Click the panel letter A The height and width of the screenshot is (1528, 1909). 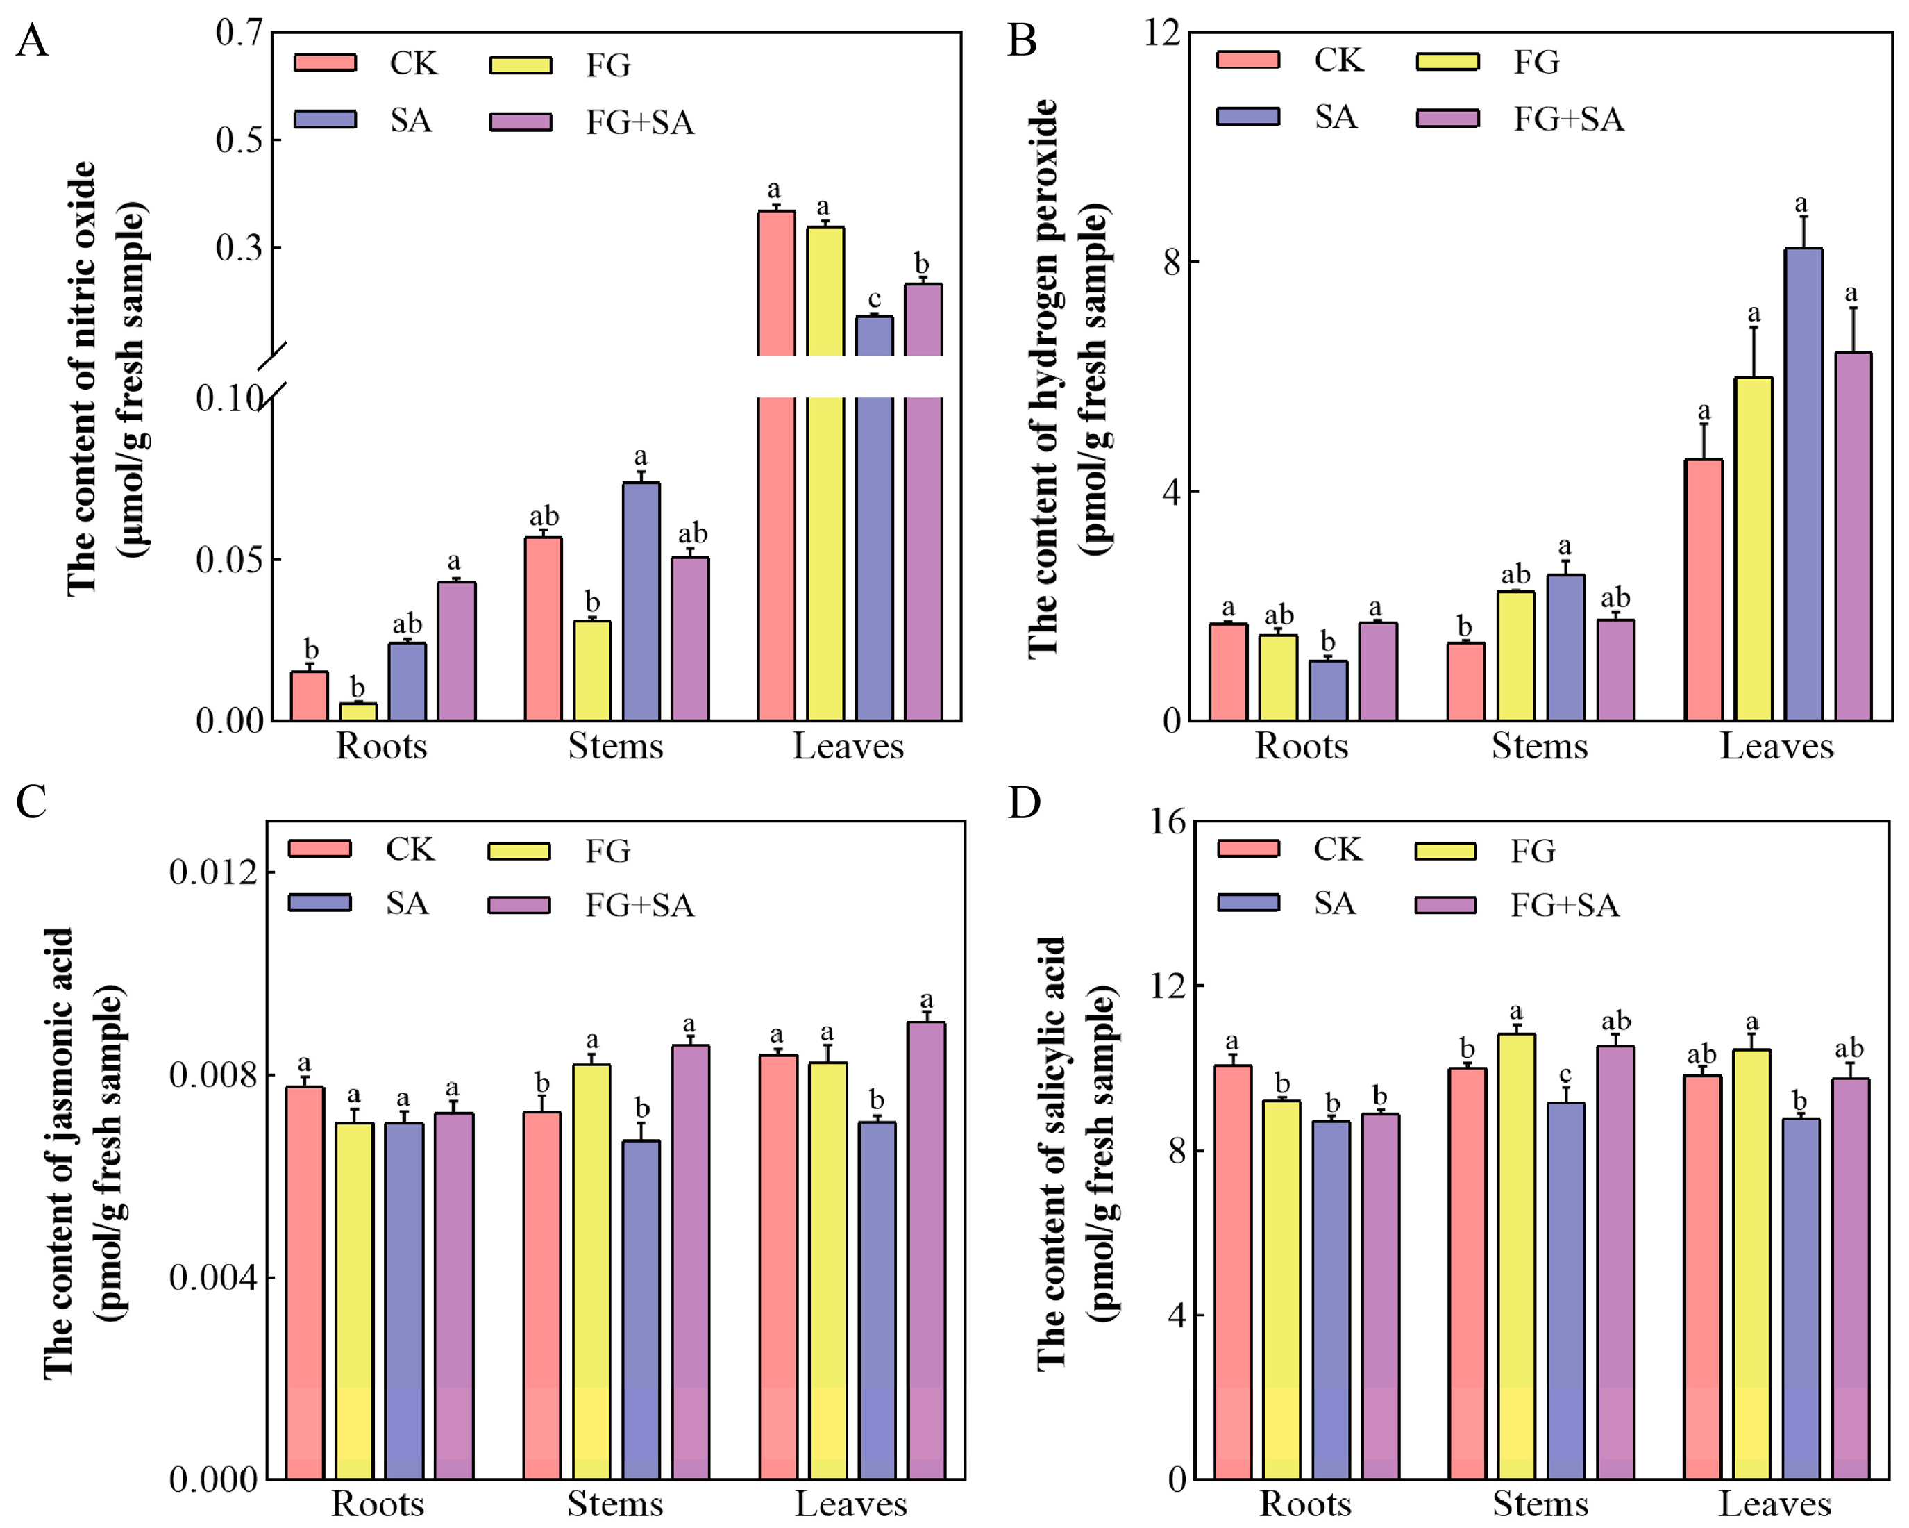pyautogui.click(x=32, y=41)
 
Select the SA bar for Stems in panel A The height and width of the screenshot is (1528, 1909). pyautogui.click(x=641, y=601)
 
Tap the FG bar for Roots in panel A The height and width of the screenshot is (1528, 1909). pyautogui.click(x=358, y=711)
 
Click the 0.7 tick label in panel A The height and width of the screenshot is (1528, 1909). pyautogui.click(x=239, y=33)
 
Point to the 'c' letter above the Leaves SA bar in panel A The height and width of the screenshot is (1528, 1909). pyautogui.click(x=874, y=299)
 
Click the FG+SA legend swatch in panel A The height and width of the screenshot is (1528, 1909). pyautogui.click(x=521, y=122)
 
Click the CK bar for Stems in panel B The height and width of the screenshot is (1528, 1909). pyautogui.click(x=1466, y=681)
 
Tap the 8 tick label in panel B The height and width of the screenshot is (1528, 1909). pyautogui.click(x=1172, y=263)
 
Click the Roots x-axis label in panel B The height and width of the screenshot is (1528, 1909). pyautogui.click(x=1302, y=747)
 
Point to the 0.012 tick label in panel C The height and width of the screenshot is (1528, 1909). pyautogui.click(x=212, y=872)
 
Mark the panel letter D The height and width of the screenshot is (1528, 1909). pyautogui.click(x=1025, y=802)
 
